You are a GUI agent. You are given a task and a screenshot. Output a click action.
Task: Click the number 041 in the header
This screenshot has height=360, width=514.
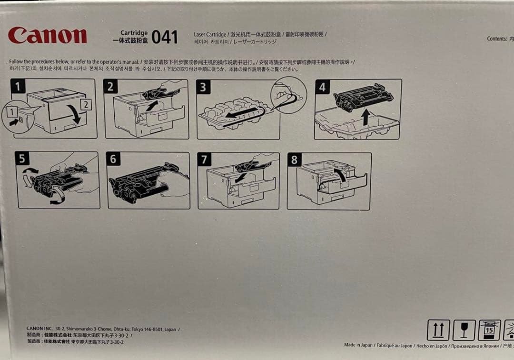click(165, 37)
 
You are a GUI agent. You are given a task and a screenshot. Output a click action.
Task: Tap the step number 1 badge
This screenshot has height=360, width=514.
click(18, 86)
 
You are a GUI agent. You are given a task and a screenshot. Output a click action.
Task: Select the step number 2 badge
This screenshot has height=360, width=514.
click(110, 86)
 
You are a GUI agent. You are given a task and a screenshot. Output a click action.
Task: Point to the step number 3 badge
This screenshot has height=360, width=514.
click(203, 87)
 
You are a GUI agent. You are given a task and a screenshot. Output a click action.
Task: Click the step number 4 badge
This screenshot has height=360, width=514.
click(322, 87)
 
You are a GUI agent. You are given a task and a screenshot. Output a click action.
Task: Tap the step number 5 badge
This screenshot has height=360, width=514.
click(22, 159)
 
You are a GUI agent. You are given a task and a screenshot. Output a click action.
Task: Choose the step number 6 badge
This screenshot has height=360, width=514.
click(113, 159)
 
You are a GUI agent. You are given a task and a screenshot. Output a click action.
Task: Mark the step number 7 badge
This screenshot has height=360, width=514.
click(204, 160)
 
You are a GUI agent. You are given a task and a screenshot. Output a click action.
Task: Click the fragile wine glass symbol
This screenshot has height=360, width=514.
click(464, 330)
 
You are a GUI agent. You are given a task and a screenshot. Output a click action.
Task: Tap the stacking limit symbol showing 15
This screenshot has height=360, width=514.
click(489, 330)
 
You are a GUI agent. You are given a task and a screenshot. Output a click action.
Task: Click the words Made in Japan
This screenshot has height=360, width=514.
click(359, 345)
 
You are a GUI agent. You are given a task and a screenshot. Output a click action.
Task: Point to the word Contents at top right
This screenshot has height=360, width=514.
click(496, 39)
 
